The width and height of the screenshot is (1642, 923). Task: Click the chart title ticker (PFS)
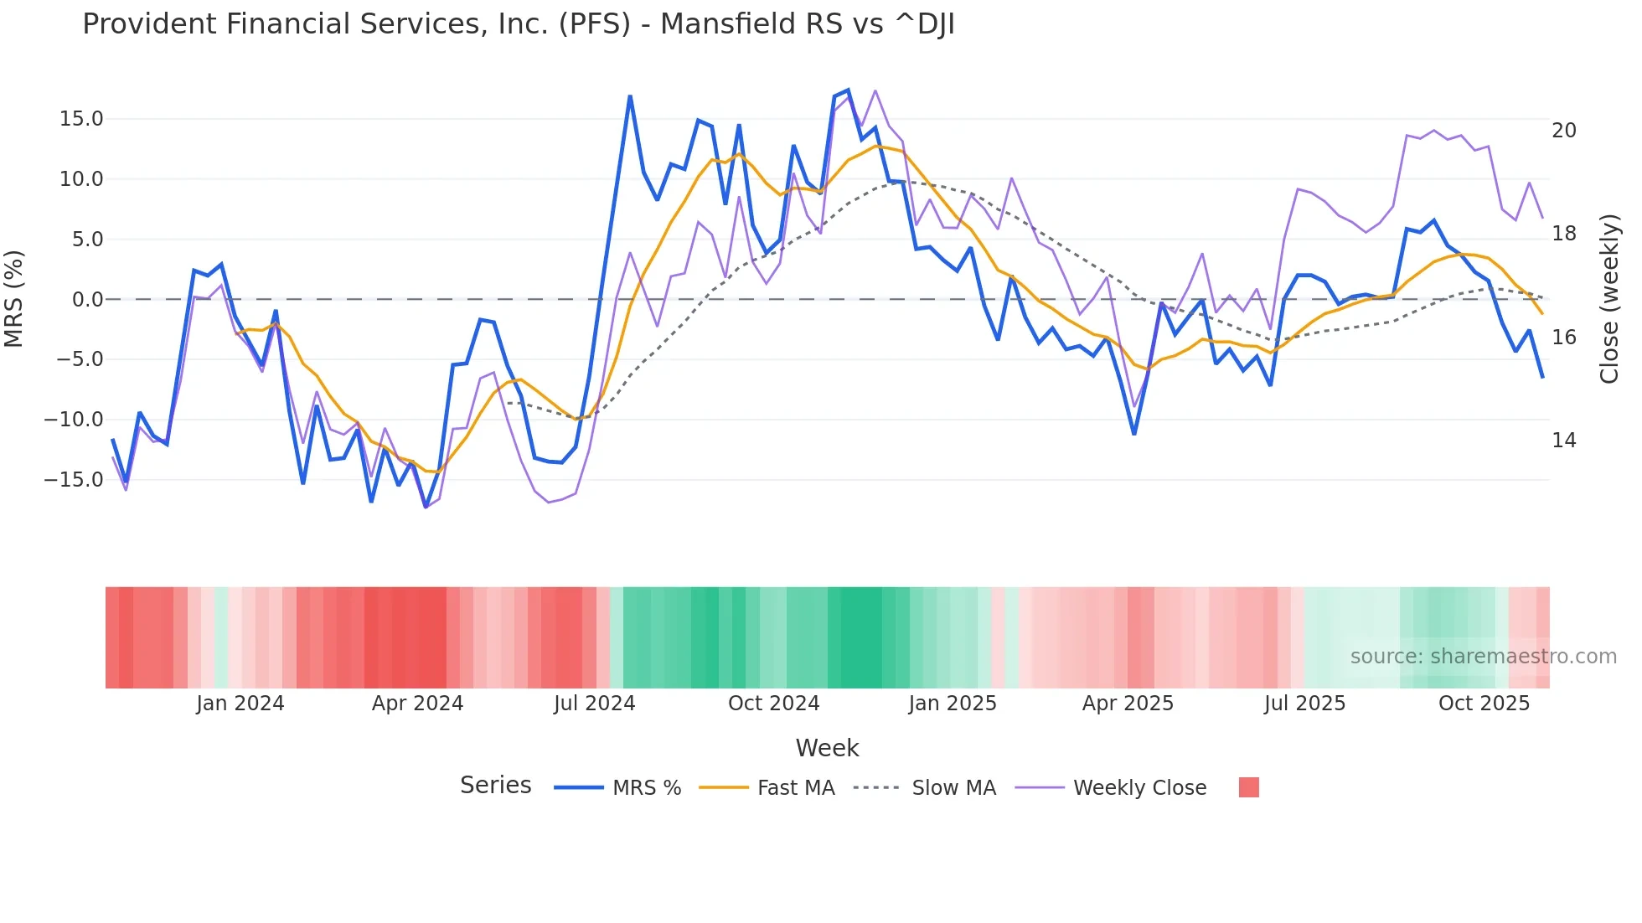[594, 24]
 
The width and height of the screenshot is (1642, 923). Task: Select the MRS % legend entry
[646, 788]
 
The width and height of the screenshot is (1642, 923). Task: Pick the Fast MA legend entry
[795, 788]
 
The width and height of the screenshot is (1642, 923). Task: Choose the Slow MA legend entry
[953, 788]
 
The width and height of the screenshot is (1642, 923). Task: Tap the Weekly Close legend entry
[1139, 788]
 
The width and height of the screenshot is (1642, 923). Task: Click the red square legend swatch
[1248, 787]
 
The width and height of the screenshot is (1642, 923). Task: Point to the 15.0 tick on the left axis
[81, 119]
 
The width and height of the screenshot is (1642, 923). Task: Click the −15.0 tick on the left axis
[74, 480]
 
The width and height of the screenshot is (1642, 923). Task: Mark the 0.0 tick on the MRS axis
[88, 299]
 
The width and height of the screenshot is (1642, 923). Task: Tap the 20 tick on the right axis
[1563, 131]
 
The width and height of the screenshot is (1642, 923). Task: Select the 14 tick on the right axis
[1563, 441]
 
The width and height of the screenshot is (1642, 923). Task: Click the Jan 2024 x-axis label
[240, 704]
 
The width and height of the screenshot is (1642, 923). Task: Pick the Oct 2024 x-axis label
[773, 704]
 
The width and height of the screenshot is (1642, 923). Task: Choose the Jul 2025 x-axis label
[1304, 704]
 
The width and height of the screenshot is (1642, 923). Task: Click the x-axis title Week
[827, 748]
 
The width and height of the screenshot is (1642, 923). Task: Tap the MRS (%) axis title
[14, 298]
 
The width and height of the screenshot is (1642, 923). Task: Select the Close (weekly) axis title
[1609, 299]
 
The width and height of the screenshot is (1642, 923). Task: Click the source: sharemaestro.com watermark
[1483, 657]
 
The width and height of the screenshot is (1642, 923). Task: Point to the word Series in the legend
[495, 786]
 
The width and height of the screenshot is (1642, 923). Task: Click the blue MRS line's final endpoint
[1542, 377]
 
